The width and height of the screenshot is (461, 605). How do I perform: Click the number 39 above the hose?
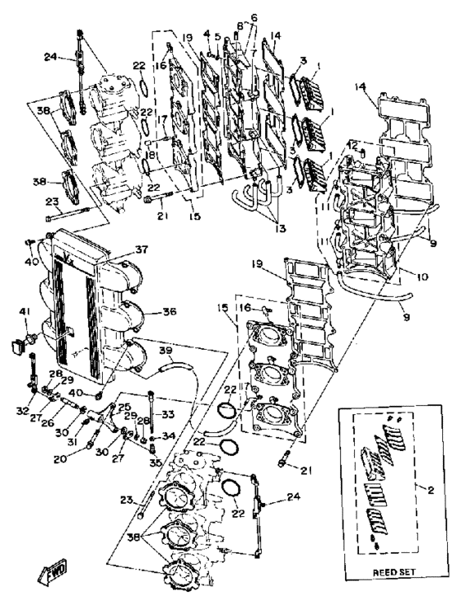coord(165,351)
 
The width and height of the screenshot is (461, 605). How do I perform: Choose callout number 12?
coord(352,145)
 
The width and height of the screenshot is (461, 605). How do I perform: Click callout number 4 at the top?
coord(207,34)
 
